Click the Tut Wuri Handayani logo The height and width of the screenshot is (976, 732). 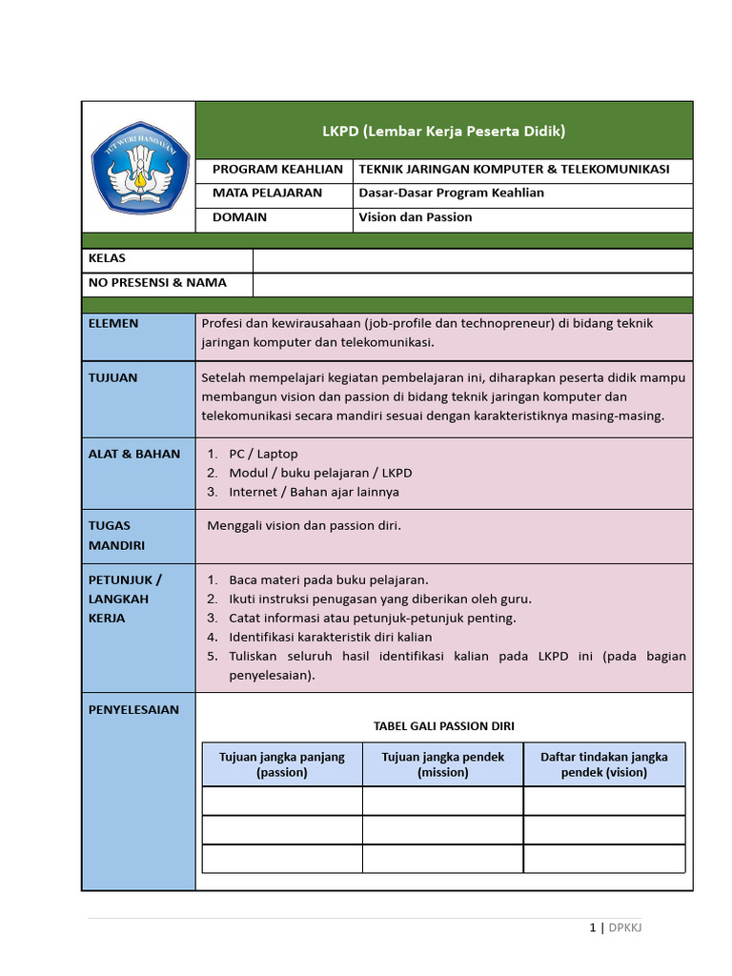pyautogui.click(x=139, y=167)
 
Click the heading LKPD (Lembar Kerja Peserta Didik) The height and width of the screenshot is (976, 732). pyautogui.click(x=443, y=131)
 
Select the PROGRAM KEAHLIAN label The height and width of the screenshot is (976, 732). pyautogui.click(x=276, y=170)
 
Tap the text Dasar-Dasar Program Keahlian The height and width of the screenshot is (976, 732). pyautogui.click(x=451, y=193)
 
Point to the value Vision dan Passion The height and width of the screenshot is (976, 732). pyautogui.click(x=415, y=217)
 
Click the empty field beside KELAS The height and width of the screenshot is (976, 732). pyautogui.click(x=472, y=260)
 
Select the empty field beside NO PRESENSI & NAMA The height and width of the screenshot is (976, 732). pyautogui.click(x=472, y=284)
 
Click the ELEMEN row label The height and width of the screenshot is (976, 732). pyautogui.click(x=113, y=324)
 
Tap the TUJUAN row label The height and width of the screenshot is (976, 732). pyautogui.click(x=112, y=378)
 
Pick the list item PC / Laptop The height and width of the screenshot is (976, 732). pyautogui.click(x=263, y=455)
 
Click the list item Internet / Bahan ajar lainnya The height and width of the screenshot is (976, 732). pyautogui.click(x=314, y=493)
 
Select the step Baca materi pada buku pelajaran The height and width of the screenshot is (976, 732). pyautogui.click(x=329, y=580)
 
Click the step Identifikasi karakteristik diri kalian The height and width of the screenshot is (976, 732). pyautogui.click(x=330, y=638)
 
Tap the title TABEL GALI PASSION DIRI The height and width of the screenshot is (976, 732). pyautogui.click(x=443, y=726)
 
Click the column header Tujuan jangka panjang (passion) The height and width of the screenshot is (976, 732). pyautogui.click(x=282, y=764)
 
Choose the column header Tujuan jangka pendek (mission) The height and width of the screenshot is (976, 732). pyautogui.click(x=443, y=764)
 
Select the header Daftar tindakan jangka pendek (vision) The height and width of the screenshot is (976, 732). pyautogui.click(x=604, y=764)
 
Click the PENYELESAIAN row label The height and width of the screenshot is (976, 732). pyautogui.click(x=133, y=710)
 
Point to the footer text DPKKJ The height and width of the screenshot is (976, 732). pyautogui.click(x=625, y=927)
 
